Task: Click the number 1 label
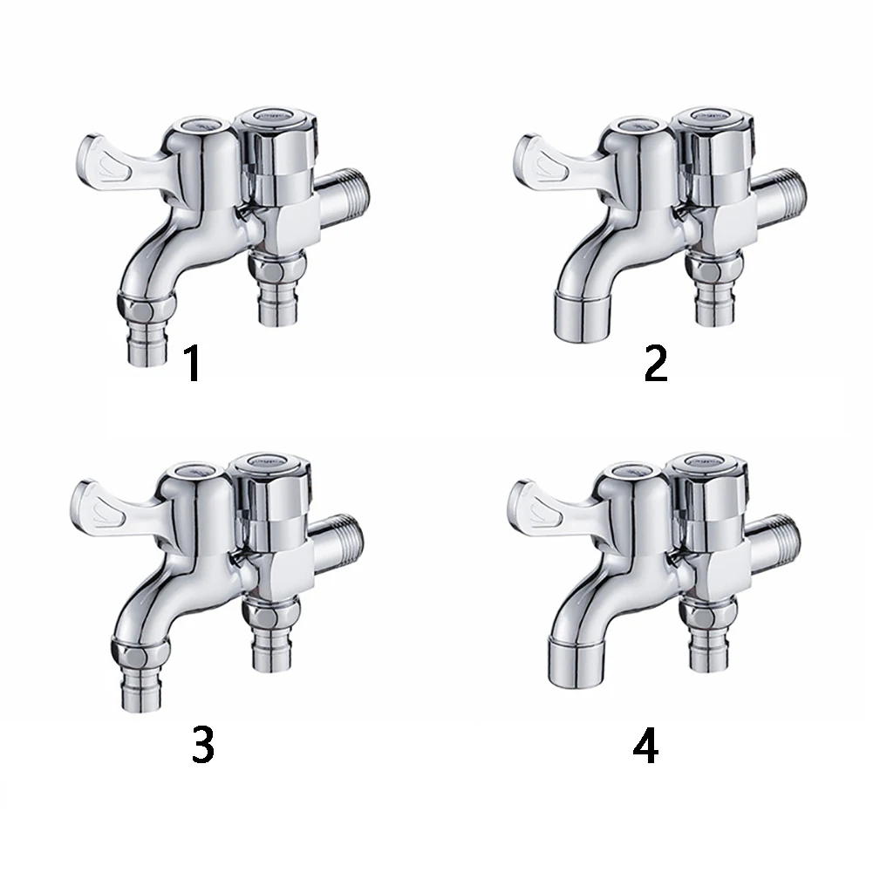tap(194, 365)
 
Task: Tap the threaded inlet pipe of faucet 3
tap(345, 533)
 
